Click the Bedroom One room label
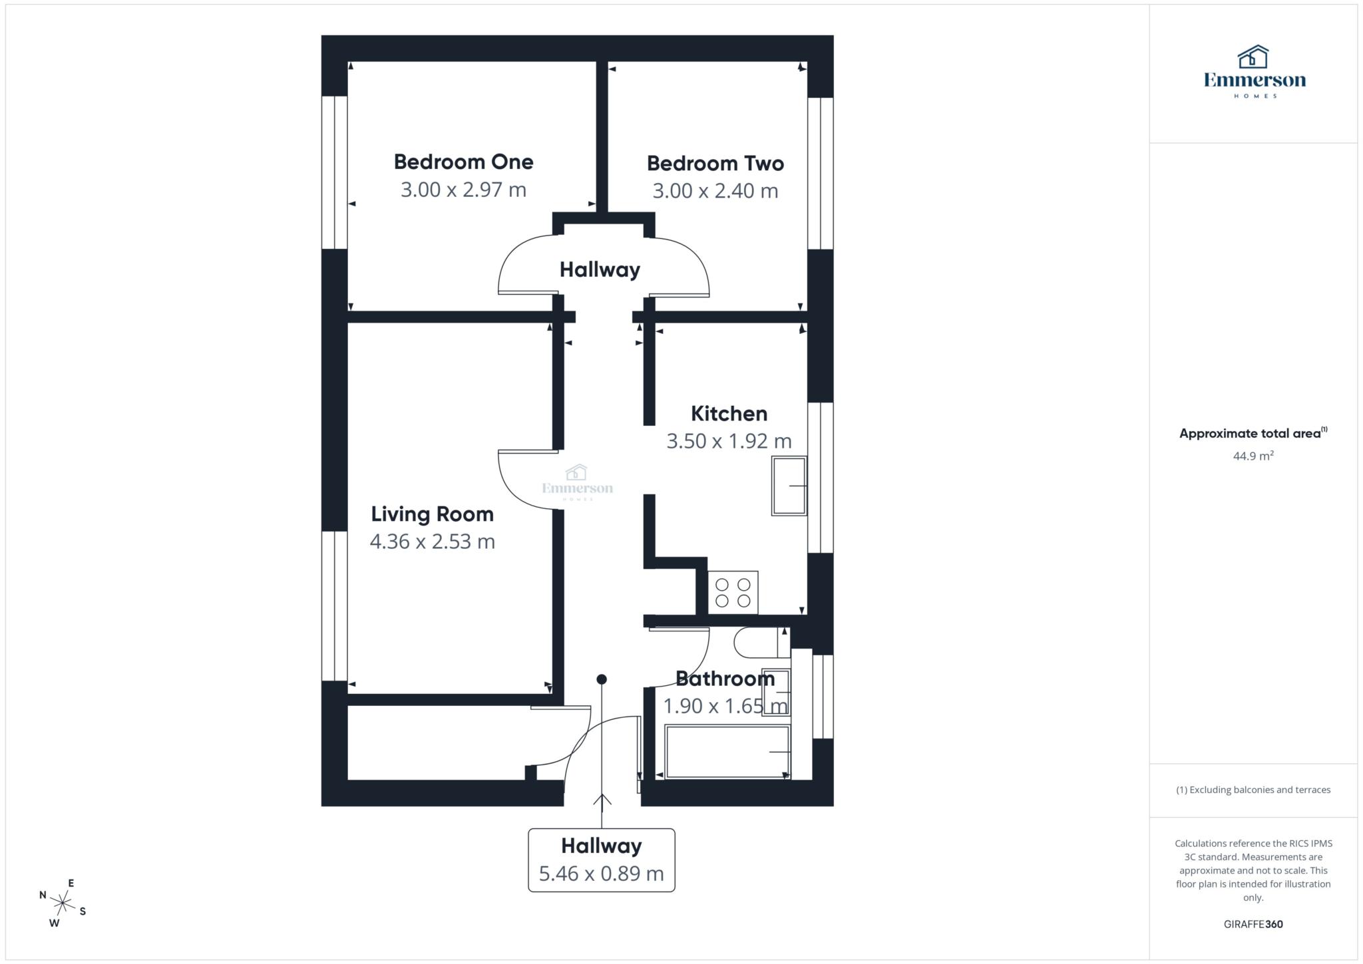[463, 162]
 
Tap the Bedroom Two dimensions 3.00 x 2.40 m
[715, 191]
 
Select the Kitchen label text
[729, 413]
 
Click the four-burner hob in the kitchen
[733, 593]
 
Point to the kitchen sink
[789, 486]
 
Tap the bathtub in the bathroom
[727, 752]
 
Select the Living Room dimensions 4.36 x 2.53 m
[432, 542]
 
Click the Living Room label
[432, 514]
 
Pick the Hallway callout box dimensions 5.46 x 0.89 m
[601, 874]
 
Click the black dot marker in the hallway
[602, 679]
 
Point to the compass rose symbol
[63, 903]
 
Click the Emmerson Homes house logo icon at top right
[1253, 57]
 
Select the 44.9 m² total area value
[1253, 456]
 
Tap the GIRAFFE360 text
[1253, 924]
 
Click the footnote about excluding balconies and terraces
[1253, 790]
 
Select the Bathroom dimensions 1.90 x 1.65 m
[725, 706]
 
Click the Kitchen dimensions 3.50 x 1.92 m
[729, 441]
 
